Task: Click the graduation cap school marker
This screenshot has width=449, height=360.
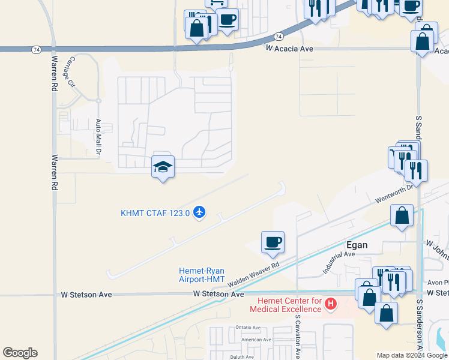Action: [x=163, y=166]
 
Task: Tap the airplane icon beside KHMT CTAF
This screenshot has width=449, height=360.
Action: [x=200, y=212]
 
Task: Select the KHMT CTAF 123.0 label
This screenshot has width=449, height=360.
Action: [x=155, y=212]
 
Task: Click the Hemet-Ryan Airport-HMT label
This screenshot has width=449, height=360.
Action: [x=202, y=275]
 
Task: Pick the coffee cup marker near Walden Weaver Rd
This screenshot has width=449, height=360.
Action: [x=273, y=242]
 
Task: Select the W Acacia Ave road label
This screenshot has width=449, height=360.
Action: [x=291, y=49]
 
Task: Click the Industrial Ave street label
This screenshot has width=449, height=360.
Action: [x=340, y=263]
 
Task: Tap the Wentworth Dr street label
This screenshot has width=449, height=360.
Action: [x=394, y=193]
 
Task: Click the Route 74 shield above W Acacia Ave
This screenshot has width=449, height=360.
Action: [x=279, y=36]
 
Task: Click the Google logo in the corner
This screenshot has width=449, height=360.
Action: [x=20, y=353]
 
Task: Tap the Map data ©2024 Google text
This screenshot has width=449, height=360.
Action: [x=412, y=355]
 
